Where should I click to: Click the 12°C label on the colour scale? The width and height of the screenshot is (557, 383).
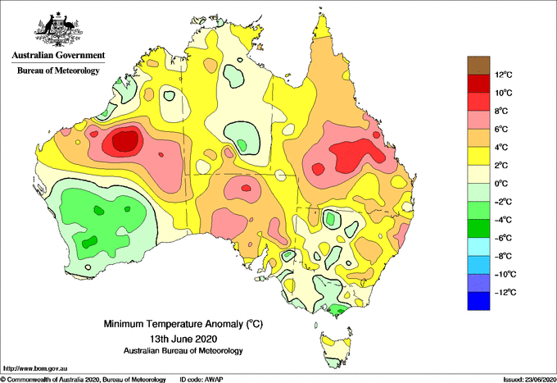pyautogui.click(x=504, y=75)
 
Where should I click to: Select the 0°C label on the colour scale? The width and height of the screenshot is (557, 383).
pyautogui.click(x=501, y=184)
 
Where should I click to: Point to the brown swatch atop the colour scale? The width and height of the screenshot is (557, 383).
pyautogui.click(x=478, y=66)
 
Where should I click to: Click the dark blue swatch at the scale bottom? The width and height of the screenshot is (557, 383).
pyautogui.click(x=478, y=301)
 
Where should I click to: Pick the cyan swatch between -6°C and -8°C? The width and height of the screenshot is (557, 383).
pyautogui.click(x=478, y=247)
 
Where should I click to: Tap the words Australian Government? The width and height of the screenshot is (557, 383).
pyautogui.click(x=58, y=55)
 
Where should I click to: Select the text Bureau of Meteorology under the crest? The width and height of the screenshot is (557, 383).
pyautogui.click(x=58, y=71)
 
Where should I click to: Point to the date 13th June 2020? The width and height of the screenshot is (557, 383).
pyautogui.click(x=183, y=338)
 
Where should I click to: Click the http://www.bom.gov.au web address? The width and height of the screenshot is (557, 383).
pyautogui.click(x=35, y=369)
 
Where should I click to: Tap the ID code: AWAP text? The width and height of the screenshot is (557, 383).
pyautogui.click(x=202, y=380)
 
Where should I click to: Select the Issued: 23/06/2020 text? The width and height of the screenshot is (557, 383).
pyautogui.click(x=530, y=380)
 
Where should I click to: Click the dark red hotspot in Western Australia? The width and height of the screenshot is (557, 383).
pyautogui.click(x=125, y=141)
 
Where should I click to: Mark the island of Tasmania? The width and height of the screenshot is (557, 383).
pyautogui.click(x=335, y=349)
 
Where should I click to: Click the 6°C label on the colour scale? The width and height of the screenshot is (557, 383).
pyautogui.click(x=501, y=129)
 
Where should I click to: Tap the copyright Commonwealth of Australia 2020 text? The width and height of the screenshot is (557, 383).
pyautogui.click(x=84, y=380)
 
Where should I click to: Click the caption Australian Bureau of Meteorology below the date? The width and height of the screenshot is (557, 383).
pyautogui.click(x=183, y=351)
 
